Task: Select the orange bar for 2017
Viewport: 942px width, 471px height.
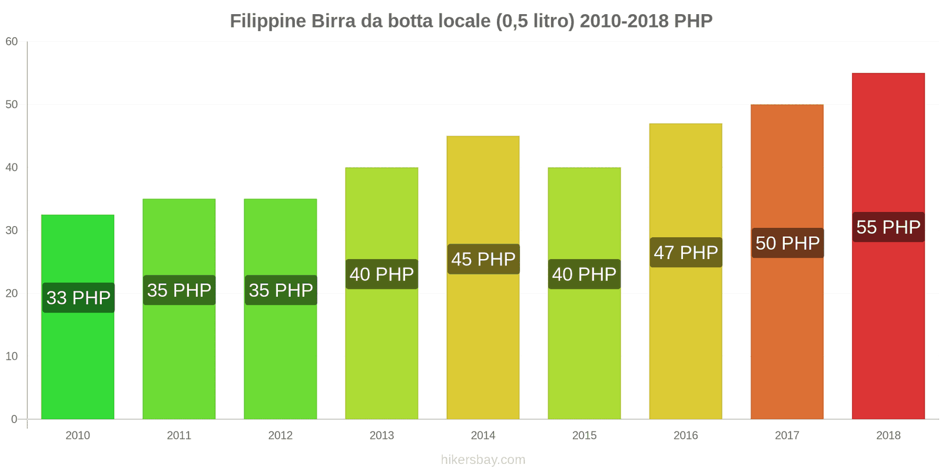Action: tap(787, 330)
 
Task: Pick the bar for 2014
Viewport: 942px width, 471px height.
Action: tap(483, 341)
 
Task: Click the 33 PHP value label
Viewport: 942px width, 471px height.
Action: tap(78, 297)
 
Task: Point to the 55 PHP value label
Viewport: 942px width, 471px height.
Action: tap(888, 227)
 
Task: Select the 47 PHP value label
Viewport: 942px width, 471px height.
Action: tap(686, 253)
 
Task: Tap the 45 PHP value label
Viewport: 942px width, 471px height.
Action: tap(483, 259)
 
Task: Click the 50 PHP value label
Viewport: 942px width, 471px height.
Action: tap(787, 243)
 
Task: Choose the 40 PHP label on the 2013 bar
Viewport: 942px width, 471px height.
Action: tap(382, 274)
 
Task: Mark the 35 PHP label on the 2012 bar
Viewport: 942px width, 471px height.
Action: tap(281, 290)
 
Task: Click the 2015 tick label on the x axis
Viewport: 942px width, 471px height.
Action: tap(584, 435)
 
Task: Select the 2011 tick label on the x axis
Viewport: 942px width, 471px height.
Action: tap(179, 435)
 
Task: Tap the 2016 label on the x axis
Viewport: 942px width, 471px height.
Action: tap(685, 435)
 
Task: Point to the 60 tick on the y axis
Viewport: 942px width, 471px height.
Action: tap(12, 41)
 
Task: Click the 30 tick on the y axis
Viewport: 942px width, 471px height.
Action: tap(12, 230)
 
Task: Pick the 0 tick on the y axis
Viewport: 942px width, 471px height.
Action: tap(14, 419)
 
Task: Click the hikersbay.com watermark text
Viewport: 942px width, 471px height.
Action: tap(483, 460)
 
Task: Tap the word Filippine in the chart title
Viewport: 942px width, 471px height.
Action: tap(268, 21)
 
